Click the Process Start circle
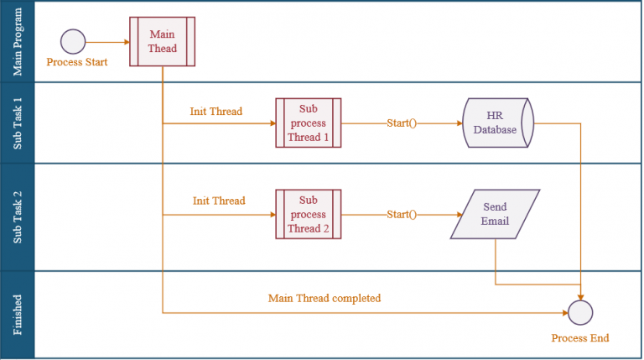[x=74, y=41]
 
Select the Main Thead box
[x=163, y=41]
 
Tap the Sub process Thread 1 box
[x=308, y=123]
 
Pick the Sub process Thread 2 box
[x=308, y=215]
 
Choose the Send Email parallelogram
[x=494, y=215]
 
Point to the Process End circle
[x=580, y=313]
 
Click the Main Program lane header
[x=18, y=41]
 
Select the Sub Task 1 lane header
[x=18, y=123]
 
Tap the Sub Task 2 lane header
[x=18, y=217]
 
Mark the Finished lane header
[x=18, y=315]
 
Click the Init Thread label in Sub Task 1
[x=216, y=112]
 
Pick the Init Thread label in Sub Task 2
[x=219, y=201]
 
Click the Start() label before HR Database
[x=401, y=123]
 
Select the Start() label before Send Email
[x=401, y=215]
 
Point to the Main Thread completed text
[x=325, y=298]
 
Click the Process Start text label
[x=77, y=62]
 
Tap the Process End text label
[x=579, y=338]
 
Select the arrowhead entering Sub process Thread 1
[x=271, y=123]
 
